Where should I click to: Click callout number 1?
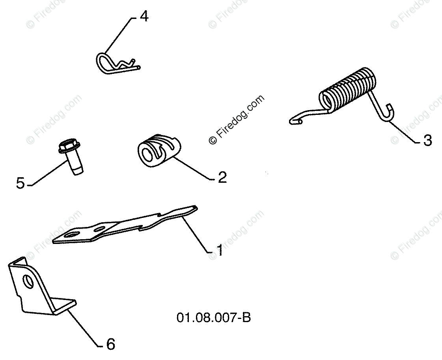pos(220,250)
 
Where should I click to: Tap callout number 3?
pos(427,140)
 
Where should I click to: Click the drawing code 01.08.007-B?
pos(213,317)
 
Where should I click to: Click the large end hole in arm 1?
pos(71,234)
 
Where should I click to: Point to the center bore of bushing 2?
pos(149,154)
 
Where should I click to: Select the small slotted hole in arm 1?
pos(100,229)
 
